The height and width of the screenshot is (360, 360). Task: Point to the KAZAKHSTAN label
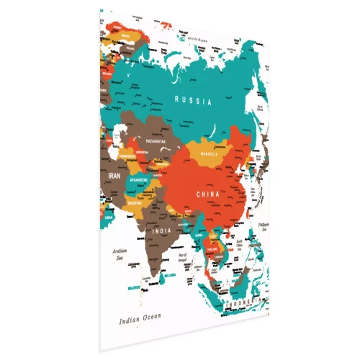click(156, 142)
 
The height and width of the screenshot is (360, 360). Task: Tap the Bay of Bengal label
click(183, 256)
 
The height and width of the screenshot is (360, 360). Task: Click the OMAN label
click(108, 215)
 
